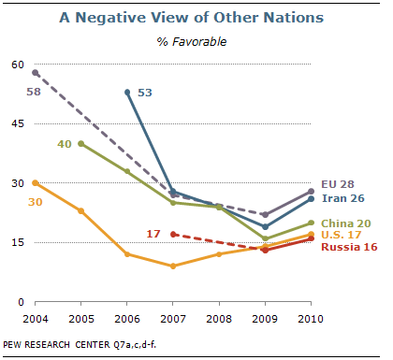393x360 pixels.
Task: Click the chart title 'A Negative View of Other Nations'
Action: pyautogui.click(x=192, y=18)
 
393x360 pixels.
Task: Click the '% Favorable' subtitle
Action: pyautogui.click(x=192, y=41)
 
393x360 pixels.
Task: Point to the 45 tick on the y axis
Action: pyautogui.click(x=18, y=123)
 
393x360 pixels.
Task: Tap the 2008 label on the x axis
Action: pyautogui.click(x=219, y=319)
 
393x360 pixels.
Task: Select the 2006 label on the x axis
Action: pyautogui.click(x=127, y=319)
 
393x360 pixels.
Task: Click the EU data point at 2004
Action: pyautogui.click(x=36, y=73)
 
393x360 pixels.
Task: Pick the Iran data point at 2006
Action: pyautogui.click(x=127, y=93)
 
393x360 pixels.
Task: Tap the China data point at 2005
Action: pyautogui.click(x=81, y=144)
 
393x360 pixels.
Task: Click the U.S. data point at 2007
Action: pyautogui.click(x=173, y=266)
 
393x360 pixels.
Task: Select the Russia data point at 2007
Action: pyautogui.click(x=173, y=235)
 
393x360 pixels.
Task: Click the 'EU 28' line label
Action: pyautogui.click(x=338, y=184)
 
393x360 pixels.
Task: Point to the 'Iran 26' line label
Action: pyautogui.click(x=343, y=198)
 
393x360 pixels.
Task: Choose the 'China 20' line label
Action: pyautogui.click(x=346, y=223)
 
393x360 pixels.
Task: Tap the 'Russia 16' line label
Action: pyautogui.click(x=349, y=247)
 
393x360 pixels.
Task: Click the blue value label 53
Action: pyautogui.click(x=145, y=93)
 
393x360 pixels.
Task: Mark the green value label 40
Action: pyautogui.click(x=65, y=144)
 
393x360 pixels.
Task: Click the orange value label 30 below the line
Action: pyautogui.click(x=36, y=202)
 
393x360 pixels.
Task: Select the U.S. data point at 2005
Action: pyautogui.click(x=81, y=211)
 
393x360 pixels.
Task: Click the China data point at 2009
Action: pyautogui.click(x=265, y=238)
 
